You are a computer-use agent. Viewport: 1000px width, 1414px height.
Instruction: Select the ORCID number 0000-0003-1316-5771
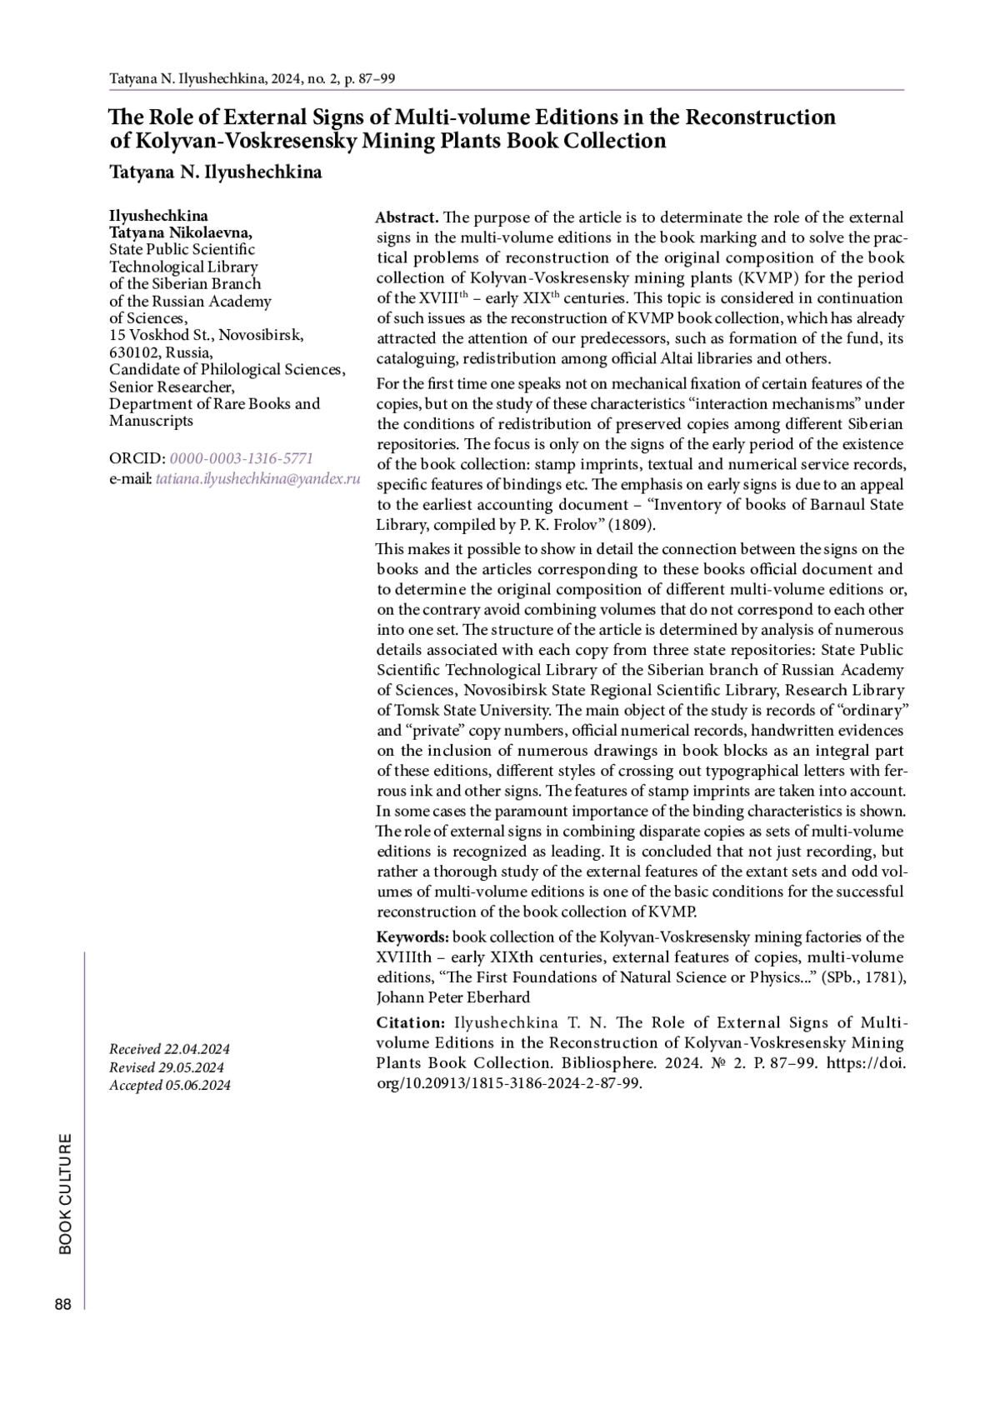[241, 458]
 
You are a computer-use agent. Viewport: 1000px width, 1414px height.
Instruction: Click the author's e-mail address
[257, 479]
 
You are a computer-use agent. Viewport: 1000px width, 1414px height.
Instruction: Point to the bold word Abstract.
[407, 217]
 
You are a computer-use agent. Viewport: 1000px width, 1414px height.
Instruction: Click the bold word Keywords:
[412, 937]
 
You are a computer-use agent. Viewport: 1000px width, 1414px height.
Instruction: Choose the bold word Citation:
[411, 1022]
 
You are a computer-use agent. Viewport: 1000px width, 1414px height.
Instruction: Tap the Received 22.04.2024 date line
[169, 1049]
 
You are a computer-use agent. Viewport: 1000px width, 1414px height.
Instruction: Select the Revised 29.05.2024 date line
[167, 1067]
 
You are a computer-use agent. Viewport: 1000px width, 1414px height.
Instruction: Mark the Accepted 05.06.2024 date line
[170, 1085]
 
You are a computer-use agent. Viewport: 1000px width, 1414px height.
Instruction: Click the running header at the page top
[252, 79]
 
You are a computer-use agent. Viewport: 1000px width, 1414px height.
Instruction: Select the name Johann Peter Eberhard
[452, 997]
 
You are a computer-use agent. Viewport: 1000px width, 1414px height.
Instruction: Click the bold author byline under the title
[215, 172]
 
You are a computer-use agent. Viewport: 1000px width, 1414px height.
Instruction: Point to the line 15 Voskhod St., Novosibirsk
[206, 335]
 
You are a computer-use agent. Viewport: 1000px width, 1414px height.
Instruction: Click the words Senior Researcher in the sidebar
[171, 387]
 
